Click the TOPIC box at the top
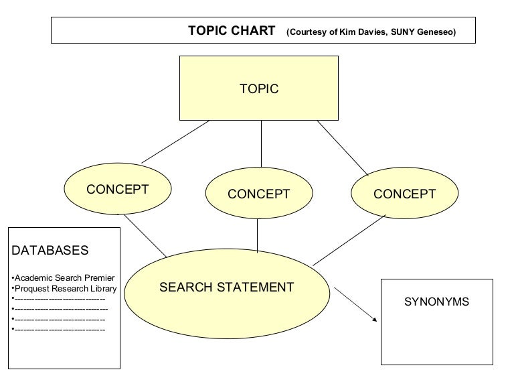point(258,88)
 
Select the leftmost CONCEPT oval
point(117,189)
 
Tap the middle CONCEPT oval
point(258,194)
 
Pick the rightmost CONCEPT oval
point(404,194)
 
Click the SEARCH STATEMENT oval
point(226,287)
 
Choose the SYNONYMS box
point(436,322)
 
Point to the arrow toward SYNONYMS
point(355,304)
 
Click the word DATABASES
point(50,251)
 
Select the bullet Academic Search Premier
point(64,277)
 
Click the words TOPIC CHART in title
point(232,31)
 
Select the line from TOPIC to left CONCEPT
point(175,141)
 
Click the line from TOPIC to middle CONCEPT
point(261,143)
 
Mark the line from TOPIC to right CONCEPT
point(343,147)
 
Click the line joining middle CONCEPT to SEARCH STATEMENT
point(258,235)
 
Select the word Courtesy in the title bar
point(307,31)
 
